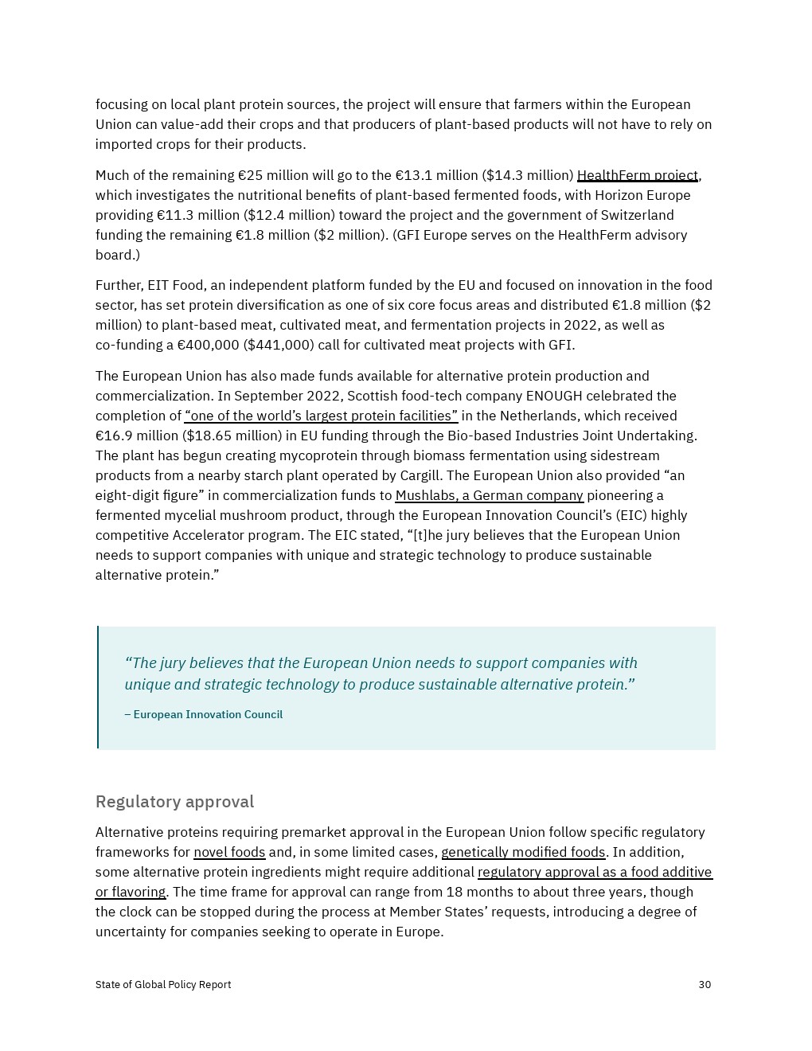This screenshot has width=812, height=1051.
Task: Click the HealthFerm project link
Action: click(x=637, y=175)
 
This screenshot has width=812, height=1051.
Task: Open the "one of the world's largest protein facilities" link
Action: click(x=321, y=416)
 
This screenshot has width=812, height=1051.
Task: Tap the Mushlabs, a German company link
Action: click(x=489, y=495)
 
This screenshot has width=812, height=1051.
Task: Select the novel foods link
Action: click(x=229, y=852)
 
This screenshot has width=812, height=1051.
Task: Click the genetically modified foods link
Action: click(x=523, y=852)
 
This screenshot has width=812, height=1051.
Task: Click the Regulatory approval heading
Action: click(x=174, y=801)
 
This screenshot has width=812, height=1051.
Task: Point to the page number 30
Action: click(x=705, y=985)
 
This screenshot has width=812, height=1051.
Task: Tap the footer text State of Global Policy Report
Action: click(x=163, y=985)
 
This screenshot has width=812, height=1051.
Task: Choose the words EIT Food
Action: click(x=175, y=285)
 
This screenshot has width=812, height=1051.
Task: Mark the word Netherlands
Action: click(x=548, y=416)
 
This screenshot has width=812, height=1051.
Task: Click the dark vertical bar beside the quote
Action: click(x=98, y=687)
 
